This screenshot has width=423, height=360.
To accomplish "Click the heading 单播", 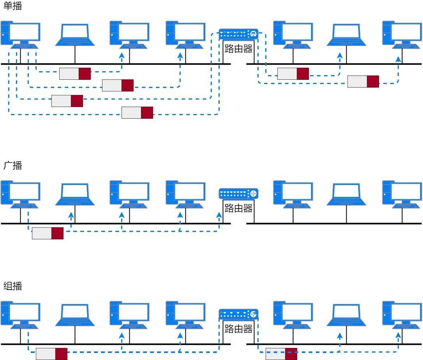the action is click(12, 6).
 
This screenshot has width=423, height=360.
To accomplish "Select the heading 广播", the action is click(12, 165).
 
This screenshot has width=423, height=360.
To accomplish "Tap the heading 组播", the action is click(12, 286).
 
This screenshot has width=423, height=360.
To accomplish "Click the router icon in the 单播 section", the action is click(238, 34).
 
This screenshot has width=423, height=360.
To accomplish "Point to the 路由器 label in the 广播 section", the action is click(238, 208).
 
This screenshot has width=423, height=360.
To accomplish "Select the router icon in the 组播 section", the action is click(238, 314).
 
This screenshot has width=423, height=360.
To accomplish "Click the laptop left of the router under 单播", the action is click(75, 35).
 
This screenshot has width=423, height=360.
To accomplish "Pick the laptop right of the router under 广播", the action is click(346, 194).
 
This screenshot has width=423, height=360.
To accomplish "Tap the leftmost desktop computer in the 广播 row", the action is click(21, 194).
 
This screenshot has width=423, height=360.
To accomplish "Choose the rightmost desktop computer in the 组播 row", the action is click(402, 315).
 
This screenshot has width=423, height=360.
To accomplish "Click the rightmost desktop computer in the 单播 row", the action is click(402, 35).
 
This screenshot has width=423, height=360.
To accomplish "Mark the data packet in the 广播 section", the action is click(48, 233).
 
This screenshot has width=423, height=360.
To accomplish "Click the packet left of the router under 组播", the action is click(51, 354).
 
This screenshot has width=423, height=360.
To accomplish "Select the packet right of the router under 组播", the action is click(281, 354).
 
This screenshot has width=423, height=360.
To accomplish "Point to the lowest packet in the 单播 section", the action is click(137, 112).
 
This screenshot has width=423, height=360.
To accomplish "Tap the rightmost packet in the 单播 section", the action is click(363, 82).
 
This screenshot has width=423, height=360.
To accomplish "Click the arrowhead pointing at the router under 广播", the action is click(219, 215).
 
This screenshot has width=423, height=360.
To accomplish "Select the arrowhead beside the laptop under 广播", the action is click(71, 215).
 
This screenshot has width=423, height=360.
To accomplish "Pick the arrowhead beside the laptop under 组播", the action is click(340, 336).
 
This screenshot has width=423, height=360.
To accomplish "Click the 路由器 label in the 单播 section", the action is click(238, 49).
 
